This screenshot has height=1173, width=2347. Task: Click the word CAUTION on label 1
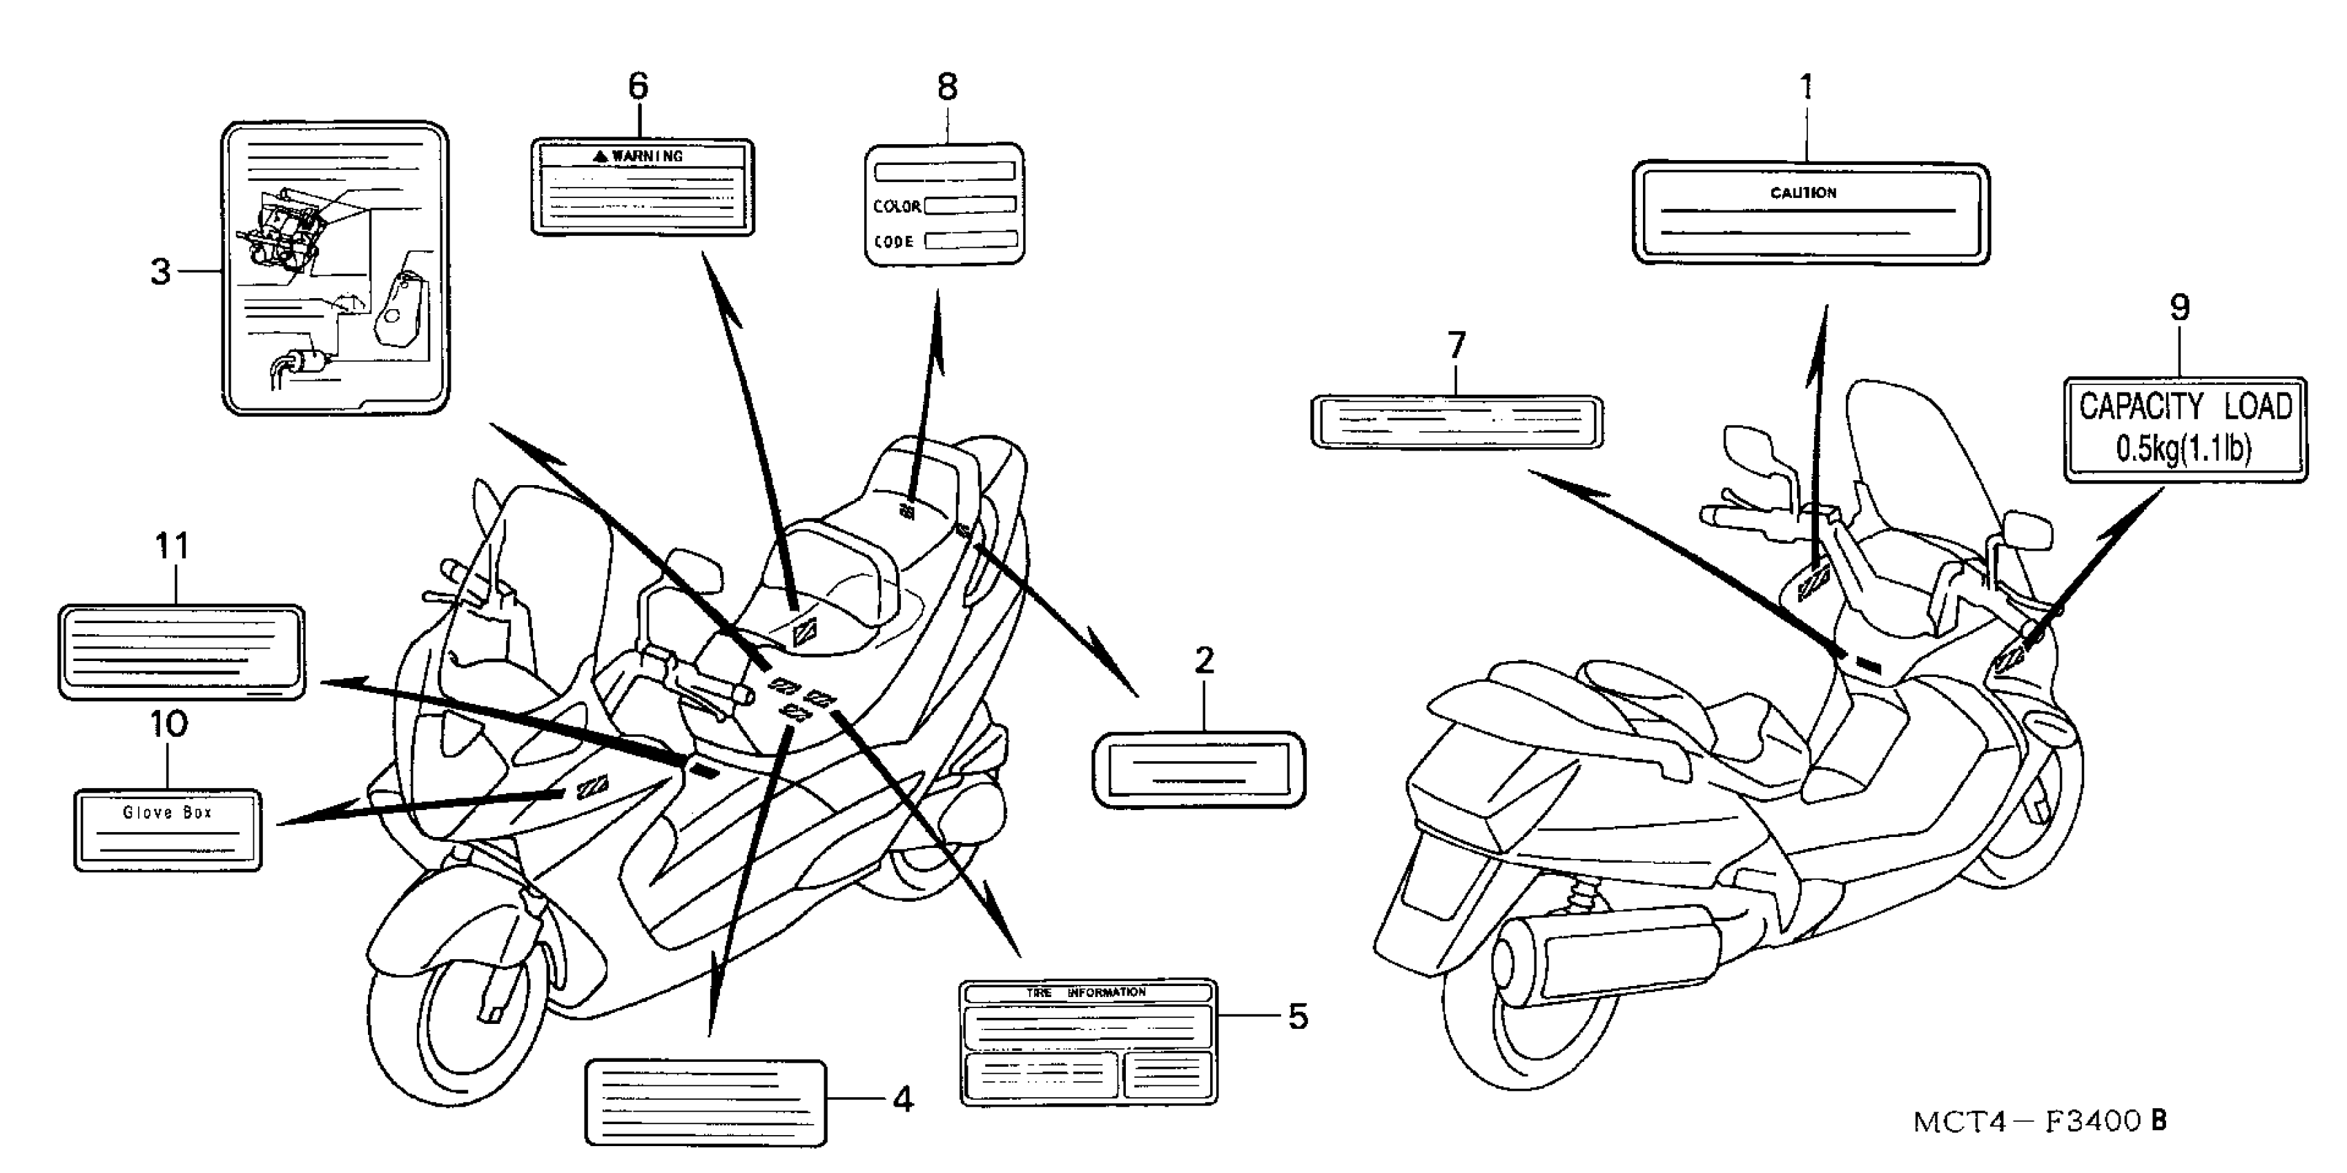click(1803, 193)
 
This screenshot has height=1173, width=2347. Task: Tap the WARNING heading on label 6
click(646, 157)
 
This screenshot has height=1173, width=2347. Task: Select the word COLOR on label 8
click(897, 207)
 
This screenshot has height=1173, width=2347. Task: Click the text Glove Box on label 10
click(168, 812)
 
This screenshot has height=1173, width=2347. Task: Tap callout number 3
click(160, 271)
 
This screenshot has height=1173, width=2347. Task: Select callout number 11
click(172, 546)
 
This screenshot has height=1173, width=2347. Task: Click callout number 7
click(1456, 346)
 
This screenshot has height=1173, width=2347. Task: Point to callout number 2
click(1204, 661)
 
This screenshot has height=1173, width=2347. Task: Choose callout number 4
click(902, 1100)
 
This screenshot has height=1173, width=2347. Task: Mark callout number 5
click(1298, 1016)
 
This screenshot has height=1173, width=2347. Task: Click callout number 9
click(2179, 308)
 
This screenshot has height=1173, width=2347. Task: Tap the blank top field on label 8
click(944, 171)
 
